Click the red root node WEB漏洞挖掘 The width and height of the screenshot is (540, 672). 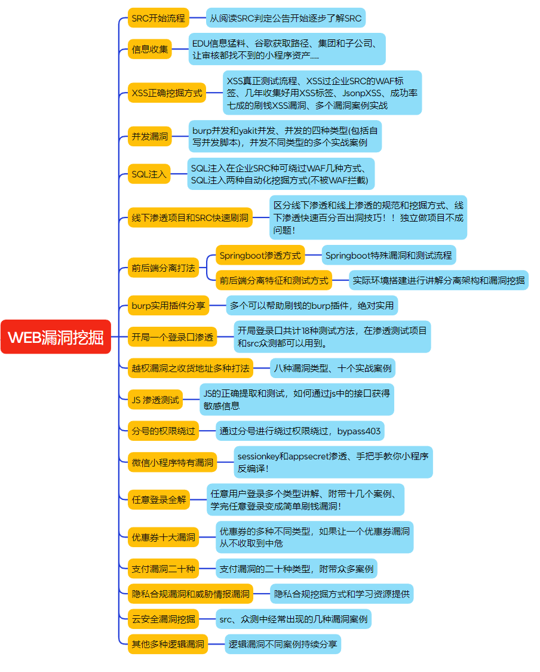56,337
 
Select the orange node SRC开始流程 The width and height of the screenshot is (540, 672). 158,18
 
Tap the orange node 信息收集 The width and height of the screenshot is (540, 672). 149,49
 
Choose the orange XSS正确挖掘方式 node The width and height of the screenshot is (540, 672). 167,93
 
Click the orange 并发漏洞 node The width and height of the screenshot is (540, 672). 149,136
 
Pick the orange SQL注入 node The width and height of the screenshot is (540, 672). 149,174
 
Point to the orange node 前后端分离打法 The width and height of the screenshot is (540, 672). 163,268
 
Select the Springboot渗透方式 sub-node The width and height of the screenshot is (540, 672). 260,256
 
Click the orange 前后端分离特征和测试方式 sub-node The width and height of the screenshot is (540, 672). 274,280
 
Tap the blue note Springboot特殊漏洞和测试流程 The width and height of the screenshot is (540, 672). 388,256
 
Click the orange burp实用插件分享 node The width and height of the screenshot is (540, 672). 168,306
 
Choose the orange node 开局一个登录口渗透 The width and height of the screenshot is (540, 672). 172,337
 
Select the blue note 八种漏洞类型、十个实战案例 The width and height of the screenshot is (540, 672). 333,368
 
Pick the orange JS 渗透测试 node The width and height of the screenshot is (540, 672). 155,399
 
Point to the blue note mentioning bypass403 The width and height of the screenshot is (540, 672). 299,431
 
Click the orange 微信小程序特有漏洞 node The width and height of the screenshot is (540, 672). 172,462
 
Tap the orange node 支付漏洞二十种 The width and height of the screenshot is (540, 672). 163,568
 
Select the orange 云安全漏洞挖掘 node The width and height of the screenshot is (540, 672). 163,618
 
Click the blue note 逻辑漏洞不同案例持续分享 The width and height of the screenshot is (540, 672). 283,644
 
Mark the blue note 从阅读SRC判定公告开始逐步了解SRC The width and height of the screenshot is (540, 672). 286,18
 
